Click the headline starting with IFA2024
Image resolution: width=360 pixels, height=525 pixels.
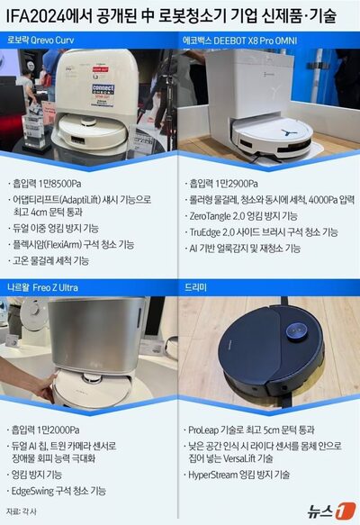180,16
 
